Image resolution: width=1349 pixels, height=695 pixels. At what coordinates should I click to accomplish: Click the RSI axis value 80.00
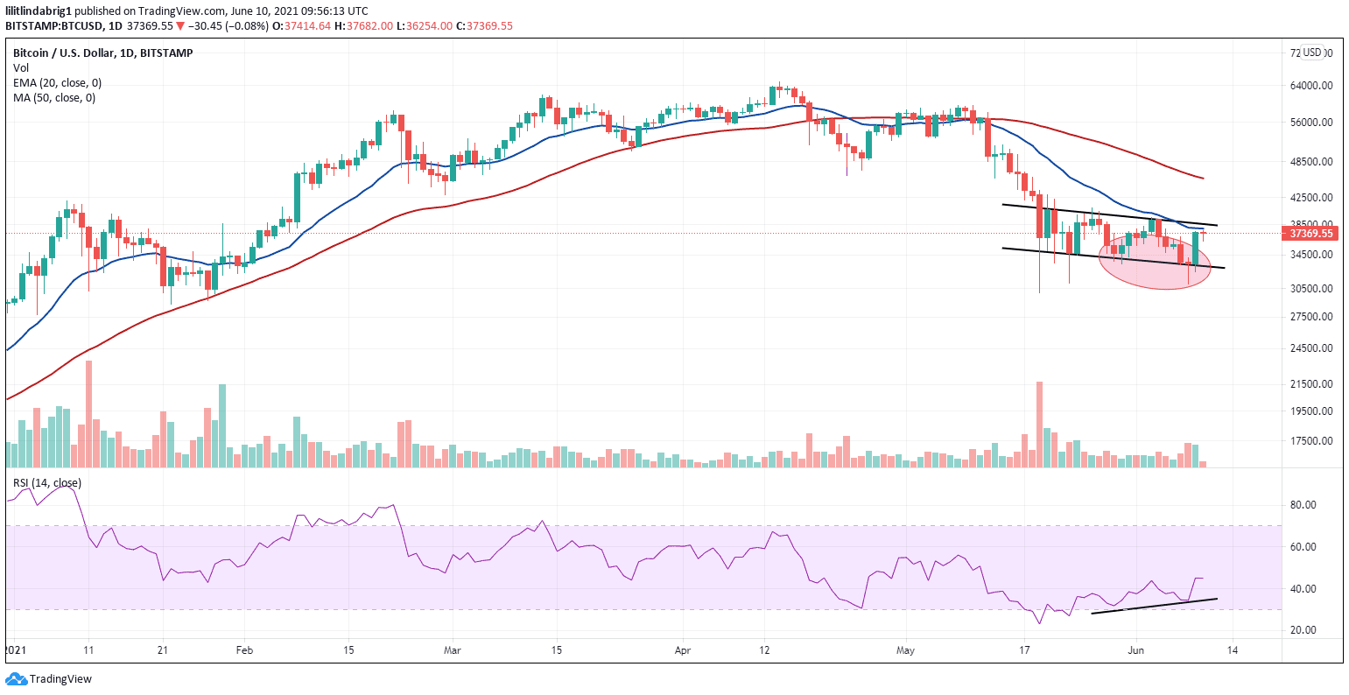pyautogui.click(x=1304, y=505)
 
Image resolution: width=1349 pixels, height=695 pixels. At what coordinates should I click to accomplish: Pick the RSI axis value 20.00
pyautogui.click(x=1304, y=630)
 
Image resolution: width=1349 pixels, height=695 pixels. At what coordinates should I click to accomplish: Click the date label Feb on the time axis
pyautogui.click(x=245, y=651)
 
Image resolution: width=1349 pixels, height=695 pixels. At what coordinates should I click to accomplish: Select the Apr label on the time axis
pyautogui.click(x=683, y=651)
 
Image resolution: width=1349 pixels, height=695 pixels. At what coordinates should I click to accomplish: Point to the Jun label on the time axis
pyautogui.click(x=1136, y=651)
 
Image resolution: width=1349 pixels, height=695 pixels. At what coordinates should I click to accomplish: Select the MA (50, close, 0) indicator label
pyautogui.click(x=54, y=97)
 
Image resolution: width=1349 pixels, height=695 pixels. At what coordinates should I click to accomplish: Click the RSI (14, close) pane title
pyautogui.click(x=46, y=483)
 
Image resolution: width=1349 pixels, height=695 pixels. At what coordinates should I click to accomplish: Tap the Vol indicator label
pyautogui.click(x=20, y=67)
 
